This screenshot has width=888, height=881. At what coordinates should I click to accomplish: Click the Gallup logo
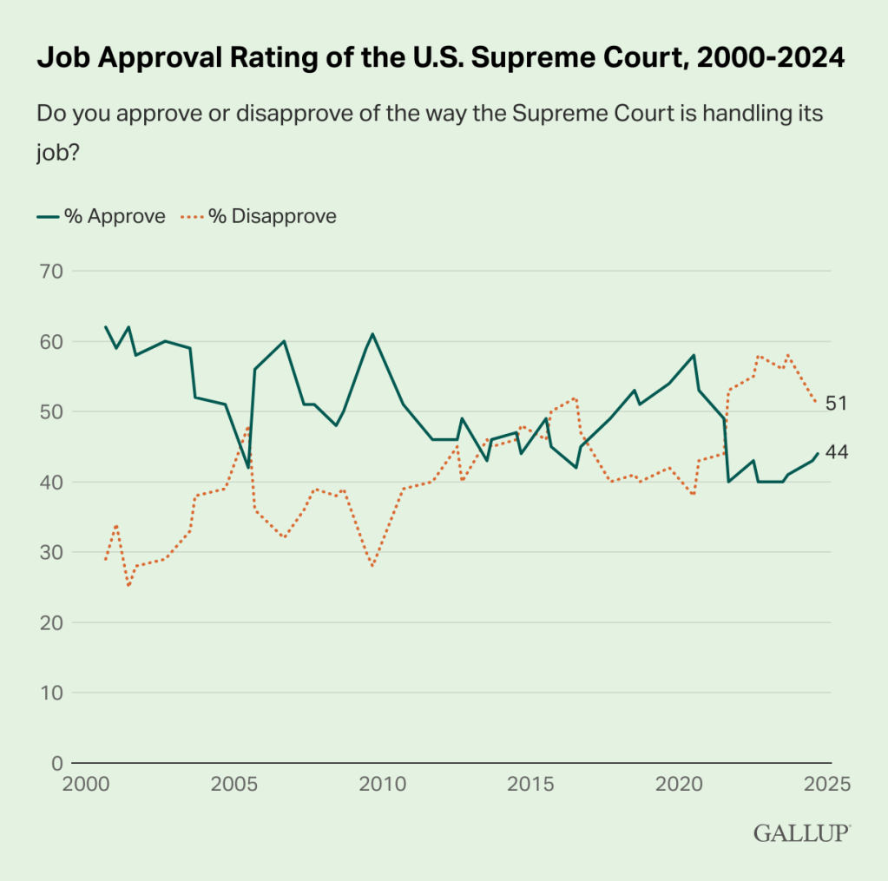pos(801,833)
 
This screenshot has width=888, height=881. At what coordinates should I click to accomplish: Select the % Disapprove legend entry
pos(259,216)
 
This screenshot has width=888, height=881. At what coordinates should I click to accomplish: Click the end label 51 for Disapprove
pos(837,404)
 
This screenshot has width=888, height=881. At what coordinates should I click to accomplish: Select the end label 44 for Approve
pos(837,453)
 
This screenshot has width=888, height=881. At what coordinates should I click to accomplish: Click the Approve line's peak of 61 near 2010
pos(372,333)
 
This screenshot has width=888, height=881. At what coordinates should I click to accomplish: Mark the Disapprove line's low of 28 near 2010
pos(372,566)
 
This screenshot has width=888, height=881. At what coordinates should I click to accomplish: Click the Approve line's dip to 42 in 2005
pos(248,468)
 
